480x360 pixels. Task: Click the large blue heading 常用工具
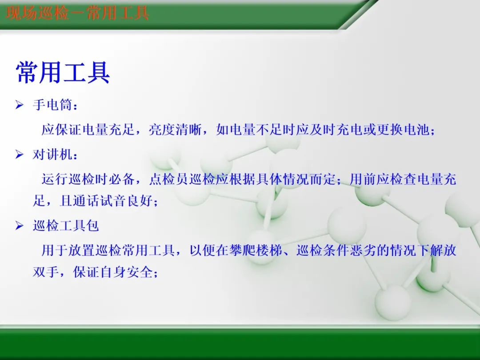pos(63,73)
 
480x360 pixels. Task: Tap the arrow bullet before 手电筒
pos(19,105)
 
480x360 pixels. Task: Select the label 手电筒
pos(52,106)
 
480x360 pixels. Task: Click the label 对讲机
pos(52,155)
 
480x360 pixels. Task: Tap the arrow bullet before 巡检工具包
pos(19,226)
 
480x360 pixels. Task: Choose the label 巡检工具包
pos(65,226)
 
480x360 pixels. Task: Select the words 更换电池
pos(403,130)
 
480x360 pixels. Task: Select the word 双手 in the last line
pos(46,272)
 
